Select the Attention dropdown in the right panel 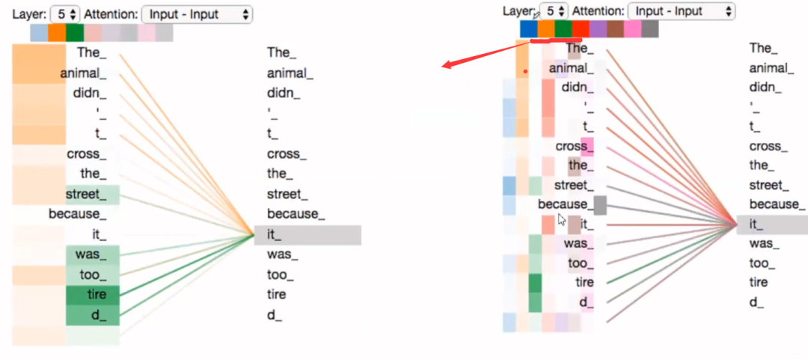click(x=681, y=10)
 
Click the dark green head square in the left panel click(x=75, y=33)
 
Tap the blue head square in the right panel click(x=529, y=28)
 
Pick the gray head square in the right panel click(x=649, y=28)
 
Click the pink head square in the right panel click(x=632, y=28)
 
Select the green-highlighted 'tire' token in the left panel click(x=97, y=294)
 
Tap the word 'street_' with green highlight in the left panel click(x=91, y=195)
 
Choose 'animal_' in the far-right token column click(x=771, y=68)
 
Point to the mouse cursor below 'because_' click(x=562, y=219)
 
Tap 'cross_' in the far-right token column click(x=765, y=146)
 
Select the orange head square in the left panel click(x=57, y=33)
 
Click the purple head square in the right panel click(x=598, y=28)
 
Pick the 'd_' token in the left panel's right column click(x=274, y=314)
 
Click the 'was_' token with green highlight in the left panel click(x=92, y=254)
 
